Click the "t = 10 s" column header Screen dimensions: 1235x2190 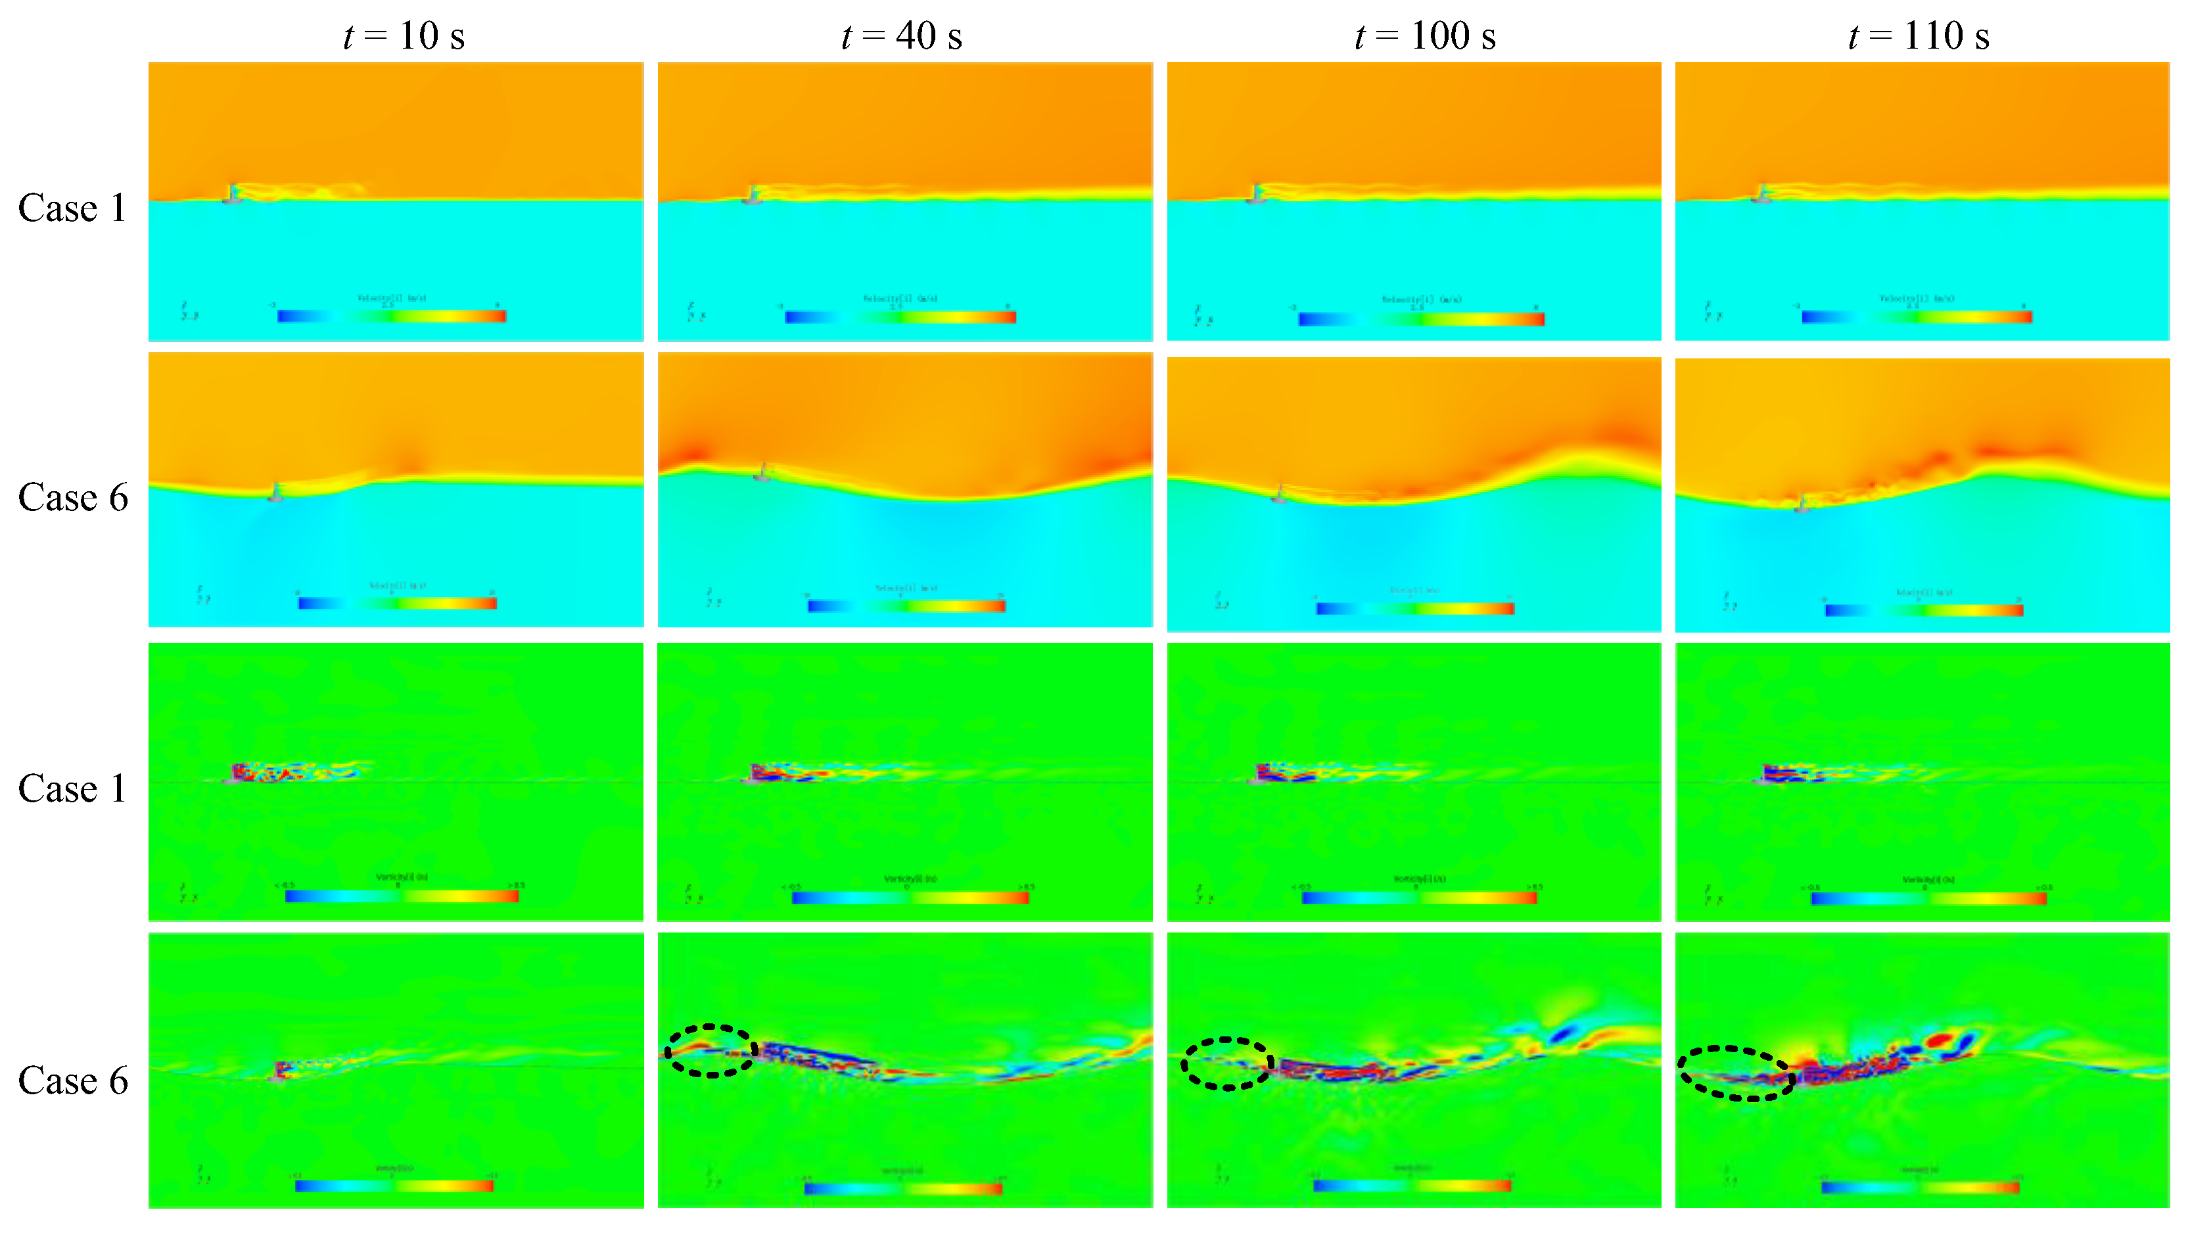[404, 36]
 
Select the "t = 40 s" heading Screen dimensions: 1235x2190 [901, 36]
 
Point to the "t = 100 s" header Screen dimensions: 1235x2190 [1425, 36]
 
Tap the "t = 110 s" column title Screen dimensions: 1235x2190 [1918, 36]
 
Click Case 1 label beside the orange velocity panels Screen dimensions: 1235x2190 [72, 208]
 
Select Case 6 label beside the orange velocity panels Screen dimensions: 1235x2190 [72, 498]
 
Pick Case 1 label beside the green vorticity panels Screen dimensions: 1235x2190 [72, 789]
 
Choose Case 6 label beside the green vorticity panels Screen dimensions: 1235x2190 [72, 1081]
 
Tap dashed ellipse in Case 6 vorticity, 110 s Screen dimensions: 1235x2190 [1736, 1073]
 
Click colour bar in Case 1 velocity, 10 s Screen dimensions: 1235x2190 [392, 316]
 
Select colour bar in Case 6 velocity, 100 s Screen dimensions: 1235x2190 [1414, 609]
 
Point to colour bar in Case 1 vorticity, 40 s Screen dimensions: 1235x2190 [910, 898]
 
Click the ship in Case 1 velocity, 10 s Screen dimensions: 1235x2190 [231, 195]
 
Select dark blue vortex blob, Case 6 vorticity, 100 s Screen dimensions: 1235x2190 [1561, 1034]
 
